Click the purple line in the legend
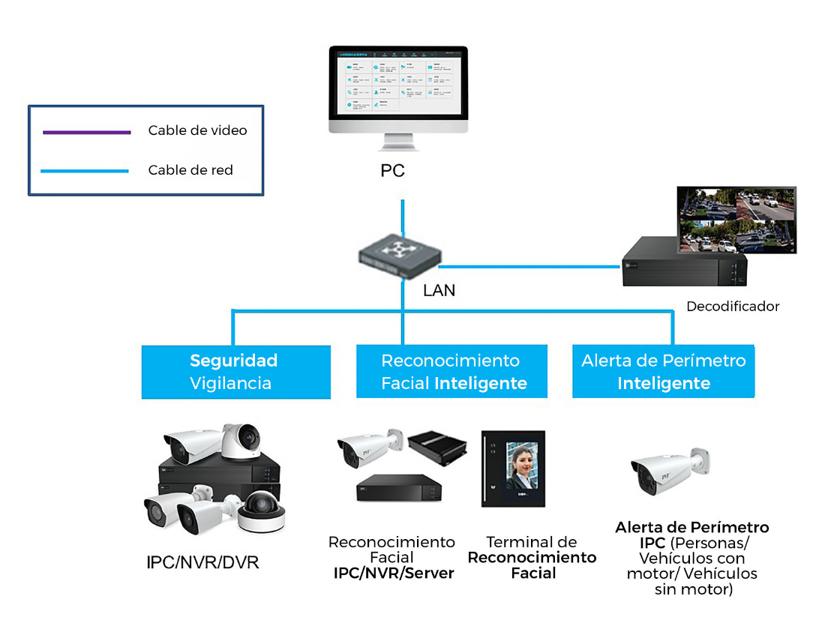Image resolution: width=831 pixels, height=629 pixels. tap(86, 133)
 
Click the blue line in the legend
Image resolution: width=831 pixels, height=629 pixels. tap(85, 172)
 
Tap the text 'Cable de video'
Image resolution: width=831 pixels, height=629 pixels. tap(197, 130)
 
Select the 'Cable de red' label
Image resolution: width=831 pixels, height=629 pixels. tap(190, 170)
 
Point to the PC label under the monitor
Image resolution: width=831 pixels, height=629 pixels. tap(392, 171)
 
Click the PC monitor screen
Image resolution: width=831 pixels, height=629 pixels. tap(398, 82)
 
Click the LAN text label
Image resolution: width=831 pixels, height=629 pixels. tap(439, 290)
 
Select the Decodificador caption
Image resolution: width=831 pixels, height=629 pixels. tap(733, 306)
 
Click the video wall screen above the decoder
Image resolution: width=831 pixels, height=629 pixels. tap(736, 219)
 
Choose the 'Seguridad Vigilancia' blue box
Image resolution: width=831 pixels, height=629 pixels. tap(235, 372)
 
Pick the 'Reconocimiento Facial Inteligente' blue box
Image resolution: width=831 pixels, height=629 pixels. tap(451, 372)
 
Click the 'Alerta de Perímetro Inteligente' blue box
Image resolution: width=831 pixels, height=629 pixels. tap(664, 372)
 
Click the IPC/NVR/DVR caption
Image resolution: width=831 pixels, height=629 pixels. tap(203, 562)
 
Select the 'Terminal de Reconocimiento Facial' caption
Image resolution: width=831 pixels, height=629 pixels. tap(532, 558)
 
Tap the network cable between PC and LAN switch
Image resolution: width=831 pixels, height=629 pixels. tap(403, 217)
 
